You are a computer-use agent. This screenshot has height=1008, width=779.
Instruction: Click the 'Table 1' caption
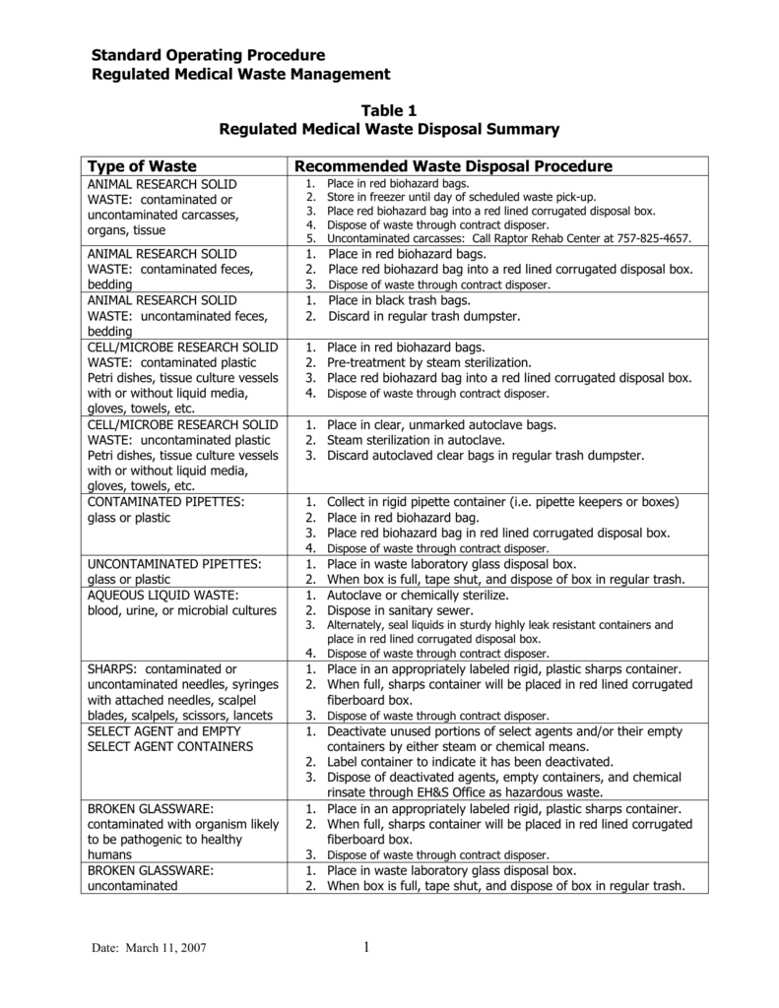pos(389,110)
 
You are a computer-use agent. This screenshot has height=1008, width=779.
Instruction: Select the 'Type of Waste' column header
pos(143,165)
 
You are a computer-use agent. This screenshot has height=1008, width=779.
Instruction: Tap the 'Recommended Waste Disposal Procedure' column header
pos(454,165)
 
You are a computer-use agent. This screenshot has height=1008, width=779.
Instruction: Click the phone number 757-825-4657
pos(656,238)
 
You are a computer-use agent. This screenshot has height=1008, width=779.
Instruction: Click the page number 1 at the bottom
pos(364,947)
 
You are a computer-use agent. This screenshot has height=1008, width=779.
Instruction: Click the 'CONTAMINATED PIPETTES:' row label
pos(160,501)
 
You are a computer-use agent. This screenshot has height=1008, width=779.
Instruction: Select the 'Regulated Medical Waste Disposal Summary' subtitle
pos(389,129)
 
